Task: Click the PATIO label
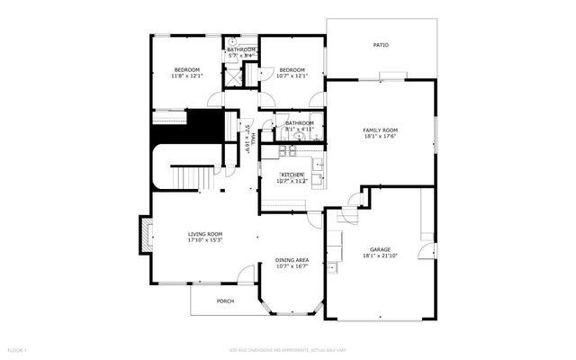click(381, 44)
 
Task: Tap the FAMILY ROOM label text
click(380, 130)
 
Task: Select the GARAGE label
click(380, 249)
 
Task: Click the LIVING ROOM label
click(205, 234)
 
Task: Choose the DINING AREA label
click(292, 260)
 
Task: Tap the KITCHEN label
click(292, 175)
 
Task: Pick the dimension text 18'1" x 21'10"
click(380, 256)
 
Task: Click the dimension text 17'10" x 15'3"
click(205, 240)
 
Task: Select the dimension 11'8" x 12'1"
click(186, 76)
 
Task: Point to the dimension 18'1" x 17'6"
click(380, 137)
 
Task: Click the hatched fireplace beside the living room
click(143, 236)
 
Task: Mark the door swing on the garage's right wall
click(427, 253)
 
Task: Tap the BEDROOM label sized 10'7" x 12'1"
click(292, 70)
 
